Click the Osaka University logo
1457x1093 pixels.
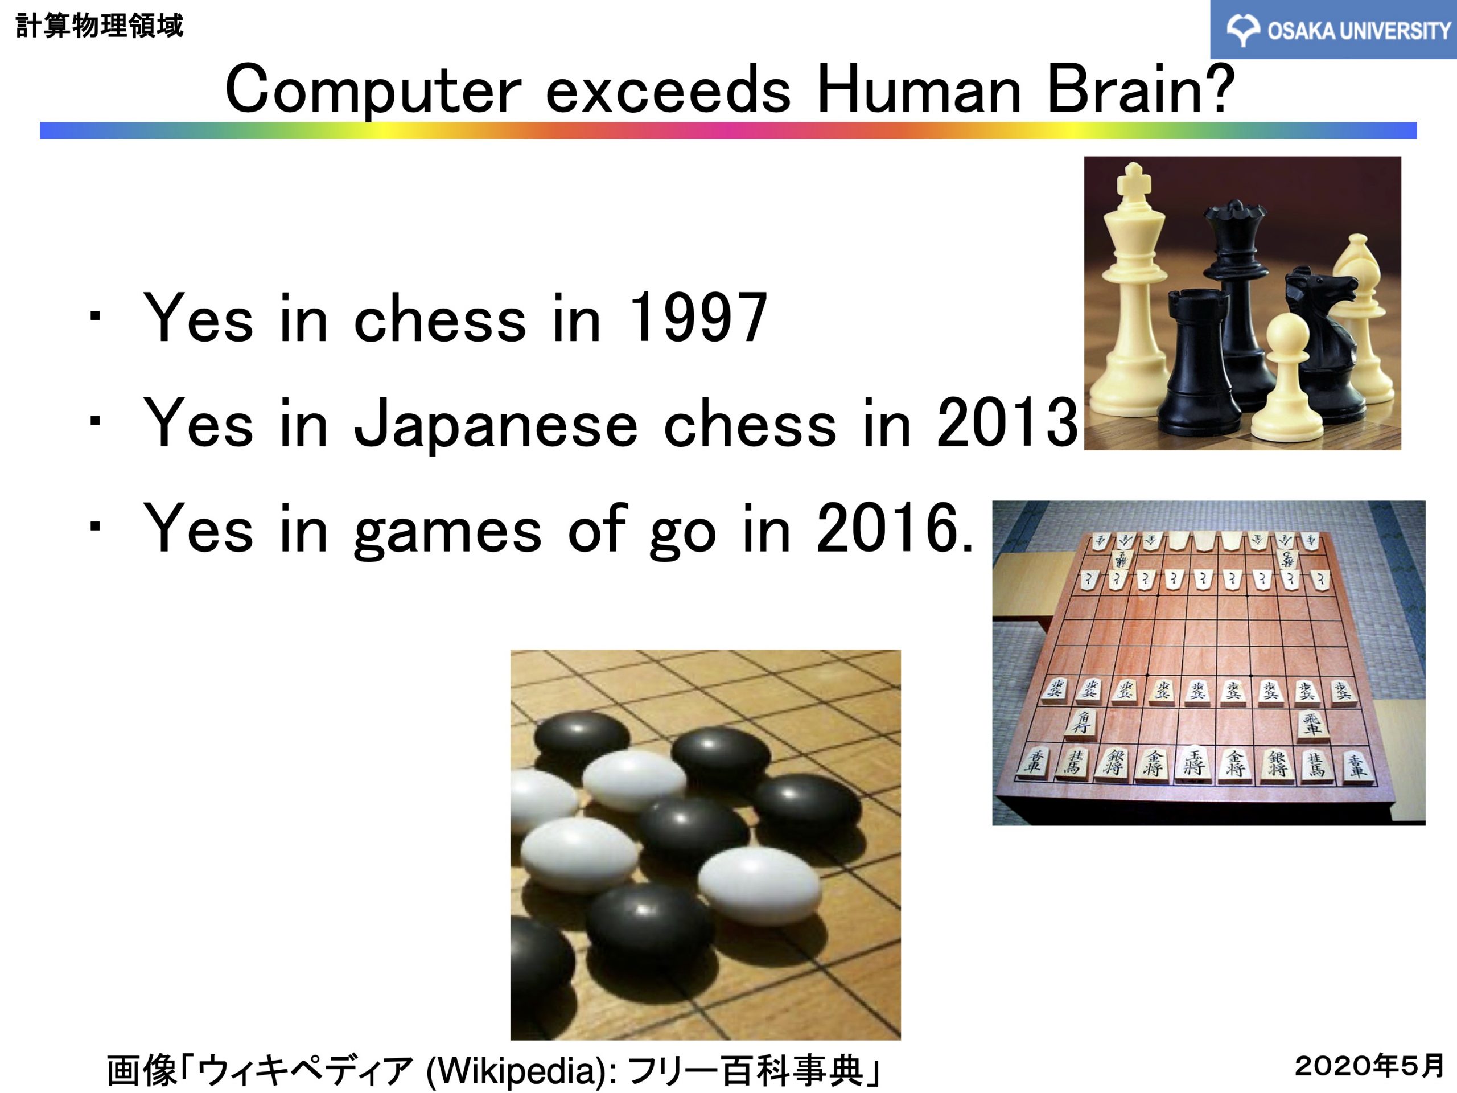tap(1332, 30)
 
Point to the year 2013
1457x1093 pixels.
tap(1007, 422)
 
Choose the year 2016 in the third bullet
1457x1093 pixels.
tap(887, 527)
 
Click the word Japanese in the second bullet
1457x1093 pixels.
tap(496, 425)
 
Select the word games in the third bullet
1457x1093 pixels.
tap(447, 532)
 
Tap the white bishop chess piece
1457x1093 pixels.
tap(1361, 317)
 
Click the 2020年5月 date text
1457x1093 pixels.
tap(1369, 1065)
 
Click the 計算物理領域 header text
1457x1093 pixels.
tap(99, 26)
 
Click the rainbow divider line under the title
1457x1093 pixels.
tap(728, 130)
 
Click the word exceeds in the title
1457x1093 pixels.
tap(668, 91)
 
